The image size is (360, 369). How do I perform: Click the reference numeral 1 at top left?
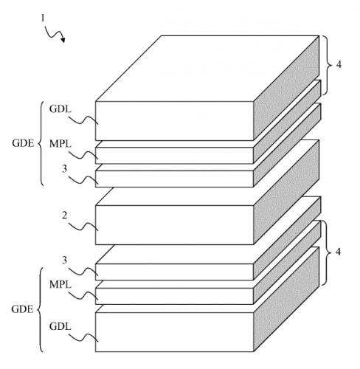tap(43, 18)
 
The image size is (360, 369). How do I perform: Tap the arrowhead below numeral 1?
tap(63, 39)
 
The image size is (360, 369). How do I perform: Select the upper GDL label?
tap(60, 108)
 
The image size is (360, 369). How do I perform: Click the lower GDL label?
tap(60, 326)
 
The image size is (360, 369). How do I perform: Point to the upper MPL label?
tap(60, 144)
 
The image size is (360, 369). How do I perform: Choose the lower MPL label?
tap(60, 285)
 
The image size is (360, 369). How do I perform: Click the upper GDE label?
tap(23, 143)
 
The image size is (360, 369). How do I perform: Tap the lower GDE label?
tap(22, 309)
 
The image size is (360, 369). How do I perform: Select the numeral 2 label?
tap(64, 215)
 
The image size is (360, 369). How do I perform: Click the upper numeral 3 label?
tap(64, 169)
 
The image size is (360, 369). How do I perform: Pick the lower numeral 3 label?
tap(64, 260)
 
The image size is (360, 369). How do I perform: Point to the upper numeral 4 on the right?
tap(339, 64)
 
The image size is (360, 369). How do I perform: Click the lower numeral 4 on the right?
tap(338, 252)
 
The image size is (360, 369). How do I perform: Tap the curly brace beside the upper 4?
tap(330, 65)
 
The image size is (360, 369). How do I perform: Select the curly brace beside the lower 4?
tap(330, 252)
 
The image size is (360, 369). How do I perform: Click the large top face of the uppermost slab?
tap(207, 69)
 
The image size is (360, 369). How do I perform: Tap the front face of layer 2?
tap(174, 225)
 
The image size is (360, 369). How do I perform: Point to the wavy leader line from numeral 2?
tap(83, 227)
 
